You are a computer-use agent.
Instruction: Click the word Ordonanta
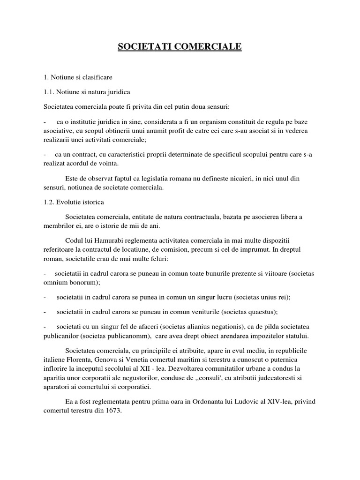[x=211, y=402]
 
